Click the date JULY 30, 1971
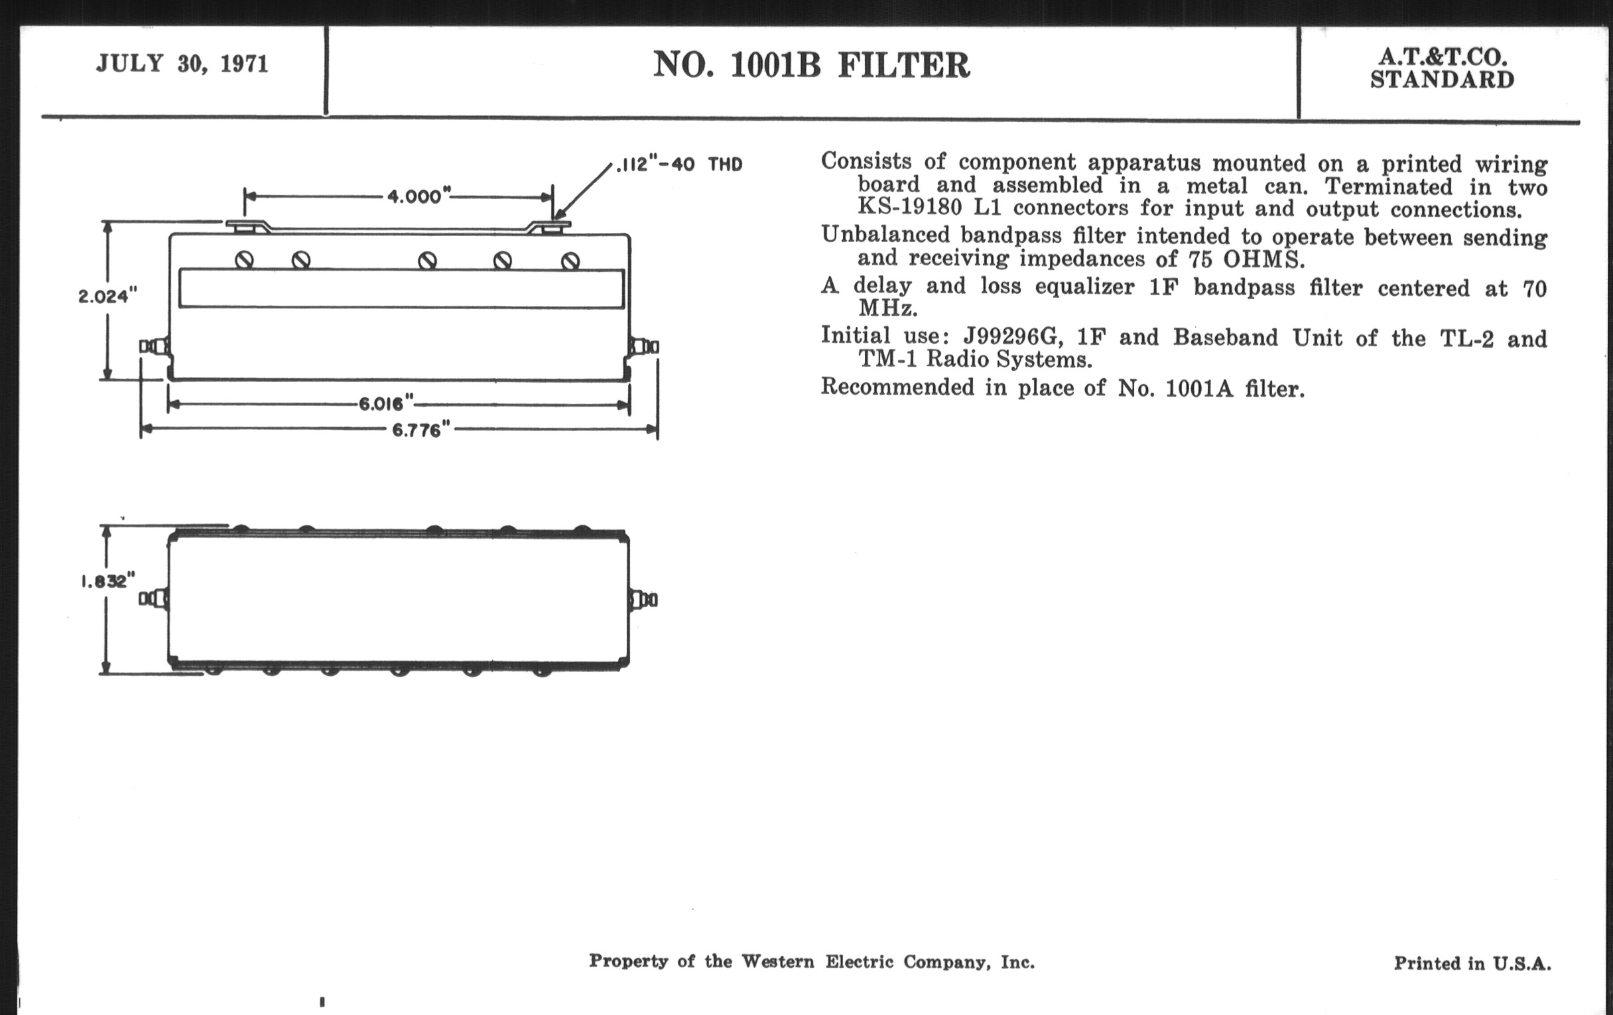(x=182, y=64)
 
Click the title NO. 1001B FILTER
(x=811, y=65)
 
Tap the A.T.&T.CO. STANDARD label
(x=1441, y=68)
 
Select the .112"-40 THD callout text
(x=679, y=164)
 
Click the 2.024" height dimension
(x=107, y=295)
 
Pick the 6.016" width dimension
(x=386, y=403)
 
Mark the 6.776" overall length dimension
(x=420, y=429)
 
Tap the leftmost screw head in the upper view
(x=245, y=259)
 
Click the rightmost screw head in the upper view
(x=570, y=260)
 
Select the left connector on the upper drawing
(x=154, y=346)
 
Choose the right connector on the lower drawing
(x=643, y=599)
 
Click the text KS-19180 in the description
(x=910, y=207)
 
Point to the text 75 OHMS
(x=1247, y=259)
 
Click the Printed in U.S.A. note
(x=1472, y=963)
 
